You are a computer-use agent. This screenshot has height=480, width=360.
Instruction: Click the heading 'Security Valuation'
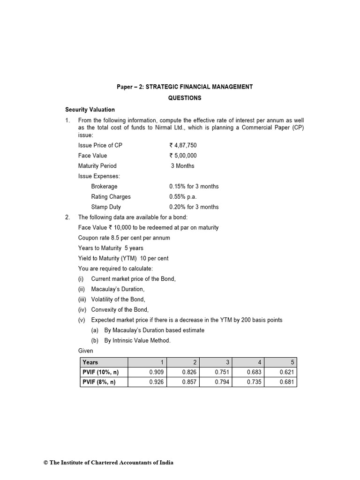point(90,110)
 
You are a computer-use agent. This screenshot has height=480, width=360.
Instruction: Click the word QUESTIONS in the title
point(185,98)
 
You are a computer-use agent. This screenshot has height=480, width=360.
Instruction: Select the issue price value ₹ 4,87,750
point(183,145)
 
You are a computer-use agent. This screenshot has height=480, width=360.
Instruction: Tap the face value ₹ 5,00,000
point(183,156)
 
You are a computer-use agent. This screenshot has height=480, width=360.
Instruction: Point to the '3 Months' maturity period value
point(182,166)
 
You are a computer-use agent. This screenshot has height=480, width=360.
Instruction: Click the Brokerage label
point(104,187)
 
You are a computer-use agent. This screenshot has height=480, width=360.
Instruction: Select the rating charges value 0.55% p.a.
point(183,197)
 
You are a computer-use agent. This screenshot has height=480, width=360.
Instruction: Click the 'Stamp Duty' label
point(105,207)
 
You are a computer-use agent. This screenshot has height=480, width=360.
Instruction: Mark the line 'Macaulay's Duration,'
point(118,289)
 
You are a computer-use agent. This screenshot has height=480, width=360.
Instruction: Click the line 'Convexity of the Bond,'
point(120,310)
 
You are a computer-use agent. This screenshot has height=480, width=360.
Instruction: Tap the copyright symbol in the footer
point(46,463)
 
